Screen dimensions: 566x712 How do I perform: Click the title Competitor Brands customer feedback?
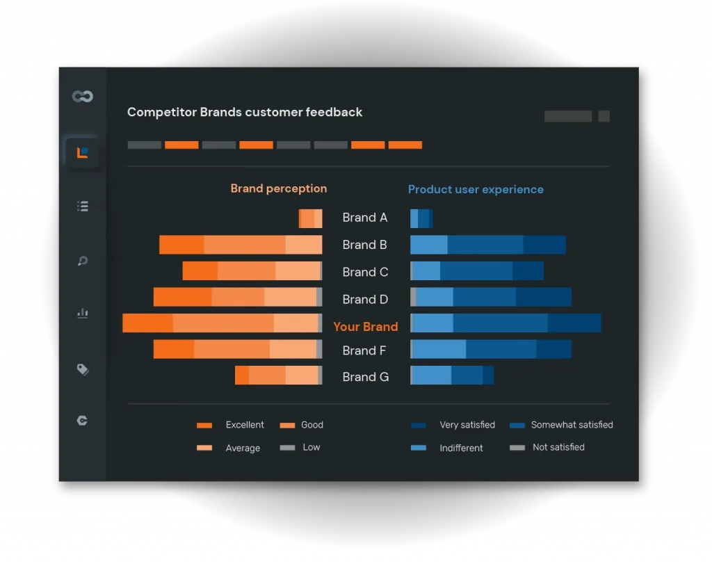tap(245, 112)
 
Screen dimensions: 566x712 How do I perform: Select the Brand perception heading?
tap(278, 188)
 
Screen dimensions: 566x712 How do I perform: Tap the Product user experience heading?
tap(476, 189)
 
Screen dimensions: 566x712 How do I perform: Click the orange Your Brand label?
tap(366, 327)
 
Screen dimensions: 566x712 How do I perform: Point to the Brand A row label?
tap(364, 218)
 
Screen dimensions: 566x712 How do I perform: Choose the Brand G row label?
tap(365, 377)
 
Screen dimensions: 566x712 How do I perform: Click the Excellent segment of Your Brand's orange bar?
tap(147, 323)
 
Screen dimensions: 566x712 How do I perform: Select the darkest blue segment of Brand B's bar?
tap(544, 245)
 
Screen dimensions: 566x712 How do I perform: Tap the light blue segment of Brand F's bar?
tap(439, 349)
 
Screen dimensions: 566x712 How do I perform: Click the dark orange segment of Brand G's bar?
tap(241, 375)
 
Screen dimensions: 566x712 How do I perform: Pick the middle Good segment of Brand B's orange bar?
tap(245, 245)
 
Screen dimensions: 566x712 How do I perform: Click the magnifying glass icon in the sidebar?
tap(82, 261)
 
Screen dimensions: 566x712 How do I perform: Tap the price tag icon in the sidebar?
tap(82, 369)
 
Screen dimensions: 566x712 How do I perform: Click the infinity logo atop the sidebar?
tap(82, 97)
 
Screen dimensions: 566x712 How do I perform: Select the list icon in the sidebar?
tap(82, 206)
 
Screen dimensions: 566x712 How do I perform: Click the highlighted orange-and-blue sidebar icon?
tap(82, 152)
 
